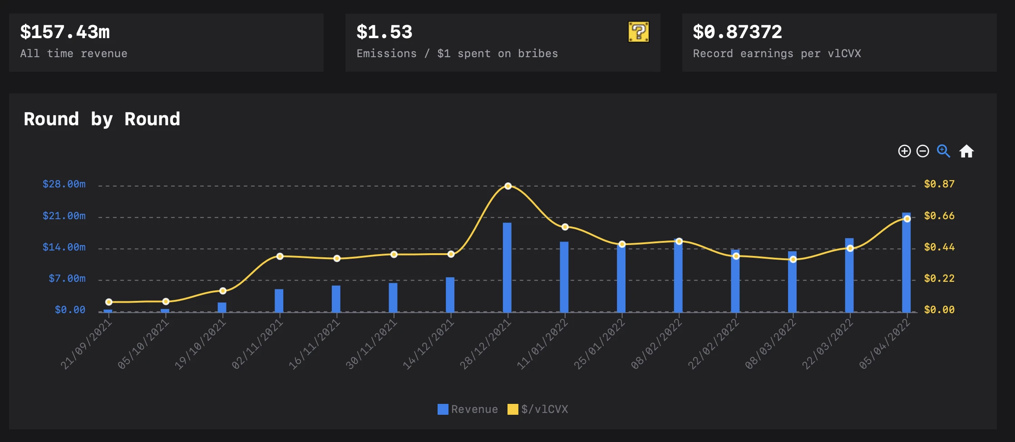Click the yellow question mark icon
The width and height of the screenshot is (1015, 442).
(638, 32)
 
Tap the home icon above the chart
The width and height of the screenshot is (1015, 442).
(966, 151)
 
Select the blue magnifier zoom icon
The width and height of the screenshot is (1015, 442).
(943, 151)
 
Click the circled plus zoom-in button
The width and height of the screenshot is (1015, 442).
(904, 151)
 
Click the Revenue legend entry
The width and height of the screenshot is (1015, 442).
(468, 409)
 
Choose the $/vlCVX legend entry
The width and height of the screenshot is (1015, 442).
(538, 409)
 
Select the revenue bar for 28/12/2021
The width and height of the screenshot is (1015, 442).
(507, 268)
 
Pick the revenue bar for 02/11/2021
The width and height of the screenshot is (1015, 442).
(279, 300)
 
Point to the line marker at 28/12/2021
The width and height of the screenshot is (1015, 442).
(508, 186)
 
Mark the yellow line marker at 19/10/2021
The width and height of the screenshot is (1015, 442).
(222, 291)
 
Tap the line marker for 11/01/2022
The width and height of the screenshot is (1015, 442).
(565, 227)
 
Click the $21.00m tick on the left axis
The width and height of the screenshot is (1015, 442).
(64, 216)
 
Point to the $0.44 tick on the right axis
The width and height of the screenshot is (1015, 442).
(939, 247)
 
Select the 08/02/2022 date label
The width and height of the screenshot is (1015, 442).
(657, 344)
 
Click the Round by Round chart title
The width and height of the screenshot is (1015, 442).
(102, 119)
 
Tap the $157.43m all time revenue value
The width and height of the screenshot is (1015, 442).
(65, 32)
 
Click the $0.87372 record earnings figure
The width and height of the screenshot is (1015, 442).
(737, 32)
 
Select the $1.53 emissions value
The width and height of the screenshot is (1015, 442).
(384, 32)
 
